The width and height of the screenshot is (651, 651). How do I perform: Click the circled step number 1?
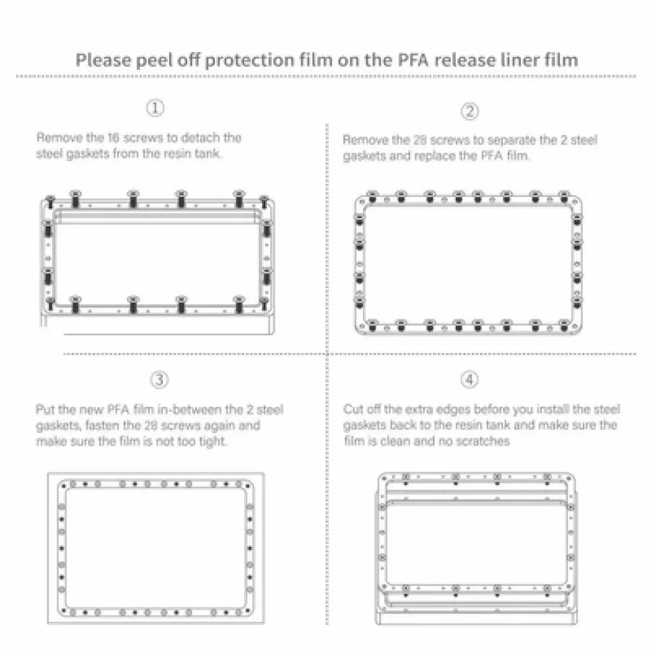(x=155, y=108)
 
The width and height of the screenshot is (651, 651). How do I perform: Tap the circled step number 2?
(x=470, y=111)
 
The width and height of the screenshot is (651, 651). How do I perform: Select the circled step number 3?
(x=159, y=380)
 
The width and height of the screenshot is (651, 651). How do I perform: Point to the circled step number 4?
(x=470, y=380)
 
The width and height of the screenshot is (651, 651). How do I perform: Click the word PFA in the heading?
(x=413, y=60)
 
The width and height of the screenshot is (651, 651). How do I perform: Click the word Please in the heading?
(x=103, y=60)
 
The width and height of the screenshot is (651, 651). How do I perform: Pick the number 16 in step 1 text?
(x=113, y=138)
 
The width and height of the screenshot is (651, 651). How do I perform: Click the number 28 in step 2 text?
(x=420, y=140)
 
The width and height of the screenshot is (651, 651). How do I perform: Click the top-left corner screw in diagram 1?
(x=50, y=202)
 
